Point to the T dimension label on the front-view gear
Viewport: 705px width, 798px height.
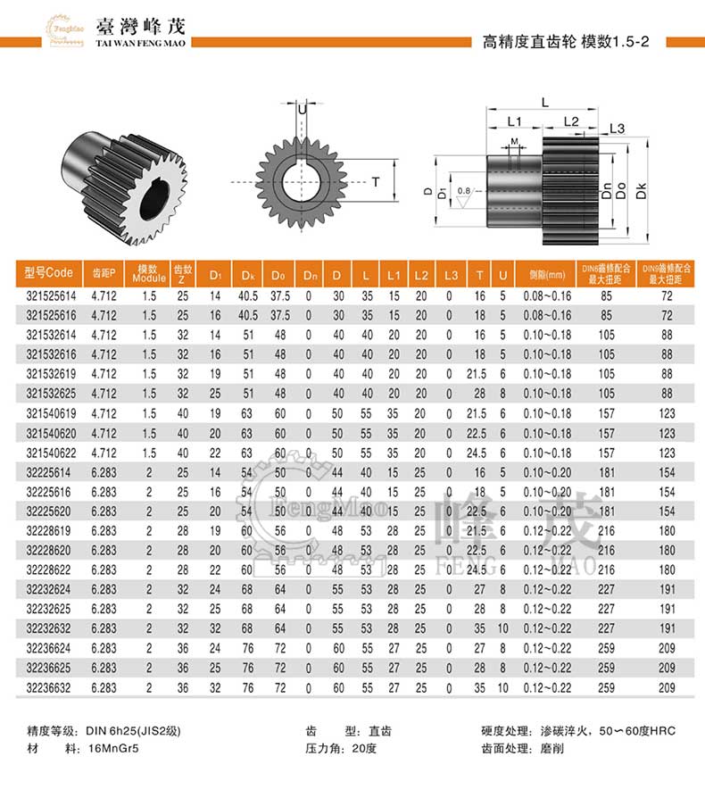(x=377, y=182)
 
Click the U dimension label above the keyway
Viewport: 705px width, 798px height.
(x=303, y=109)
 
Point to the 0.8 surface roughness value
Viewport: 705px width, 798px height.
(x=462, y=191)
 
